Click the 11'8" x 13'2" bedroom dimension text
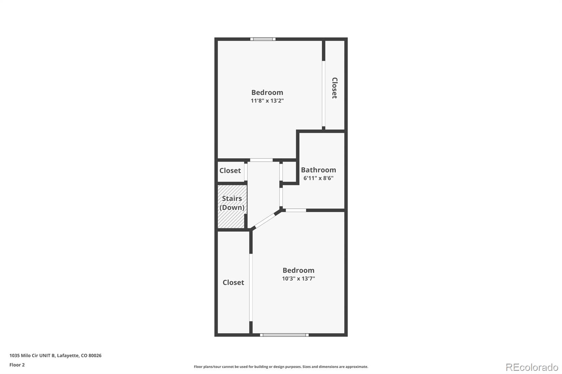click(x=267, y=101)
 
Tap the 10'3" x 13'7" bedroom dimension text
click(x=298, y=279)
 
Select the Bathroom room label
click(x=318, y=170)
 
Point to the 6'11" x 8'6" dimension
click(x=318, y=178)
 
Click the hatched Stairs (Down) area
click(x=231, y=207)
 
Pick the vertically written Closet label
click(x=334, y=88)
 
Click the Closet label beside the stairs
click(x=230, y=171)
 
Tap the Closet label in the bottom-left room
click(x=233, y=282)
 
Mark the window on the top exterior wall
click(x=263, y=39)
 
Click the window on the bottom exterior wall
click(x=284, y=335)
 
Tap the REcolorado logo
click(x=532, y=367)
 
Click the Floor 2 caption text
click(x=17, y=365)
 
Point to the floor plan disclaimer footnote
click(x=281, y=367)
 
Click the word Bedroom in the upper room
click(x=267, y=92)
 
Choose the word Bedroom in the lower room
click(x=298, y=270)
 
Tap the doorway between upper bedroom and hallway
click(x=261, y=160)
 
